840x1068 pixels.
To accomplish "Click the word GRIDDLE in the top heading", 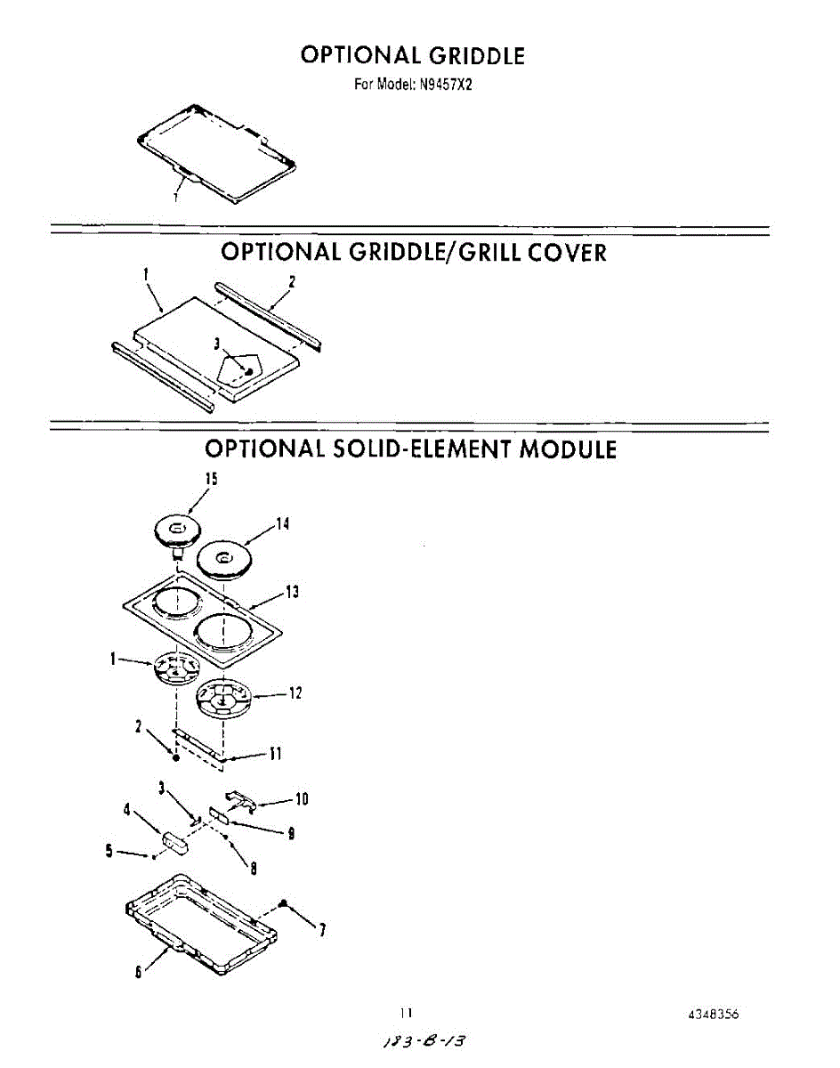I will (476, 55).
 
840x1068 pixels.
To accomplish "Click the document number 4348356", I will (714, 1015).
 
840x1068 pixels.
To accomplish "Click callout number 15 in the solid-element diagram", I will (211, 478).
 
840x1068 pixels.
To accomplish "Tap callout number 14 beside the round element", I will (282, 524).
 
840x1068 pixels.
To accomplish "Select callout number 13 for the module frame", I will (292, 592).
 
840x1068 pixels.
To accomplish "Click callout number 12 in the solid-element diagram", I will (295, 693).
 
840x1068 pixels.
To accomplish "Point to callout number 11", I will (276, 754).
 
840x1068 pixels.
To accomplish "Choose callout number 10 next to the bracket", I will (301, 799).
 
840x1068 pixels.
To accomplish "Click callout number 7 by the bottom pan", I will (321, 931).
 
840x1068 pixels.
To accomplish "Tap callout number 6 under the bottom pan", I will (139, 972).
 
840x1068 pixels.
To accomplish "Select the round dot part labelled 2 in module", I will (176, 757).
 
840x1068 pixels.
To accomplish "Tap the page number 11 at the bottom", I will (406, 1013).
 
